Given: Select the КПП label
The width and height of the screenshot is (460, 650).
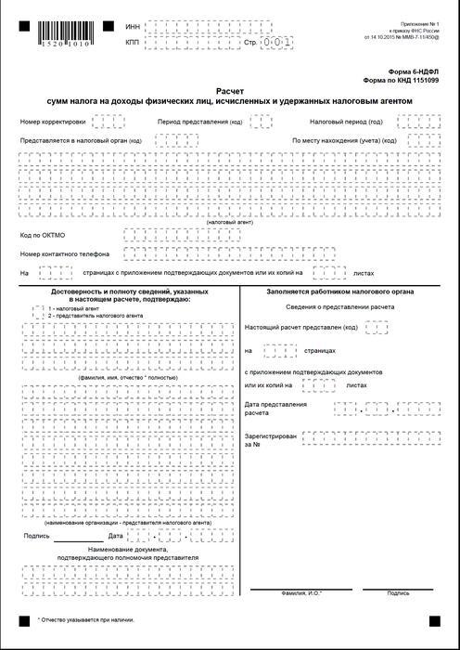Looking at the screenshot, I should [133, 43].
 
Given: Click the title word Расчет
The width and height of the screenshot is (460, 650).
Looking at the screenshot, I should [228, 91].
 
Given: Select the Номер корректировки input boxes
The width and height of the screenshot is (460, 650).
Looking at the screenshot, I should [108, 122].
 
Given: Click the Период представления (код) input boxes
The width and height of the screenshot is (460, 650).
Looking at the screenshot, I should [261, 122].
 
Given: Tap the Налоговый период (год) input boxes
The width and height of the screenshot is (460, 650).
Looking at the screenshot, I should [411, 122].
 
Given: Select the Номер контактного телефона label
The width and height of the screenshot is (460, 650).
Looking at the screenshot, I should [65, 253].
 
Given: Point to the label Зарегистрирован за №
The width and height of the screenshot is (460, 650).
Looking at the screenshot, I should [272, 439].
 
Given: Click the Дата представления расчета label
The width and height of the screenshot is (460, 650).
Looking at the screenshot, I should [275, 409].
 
